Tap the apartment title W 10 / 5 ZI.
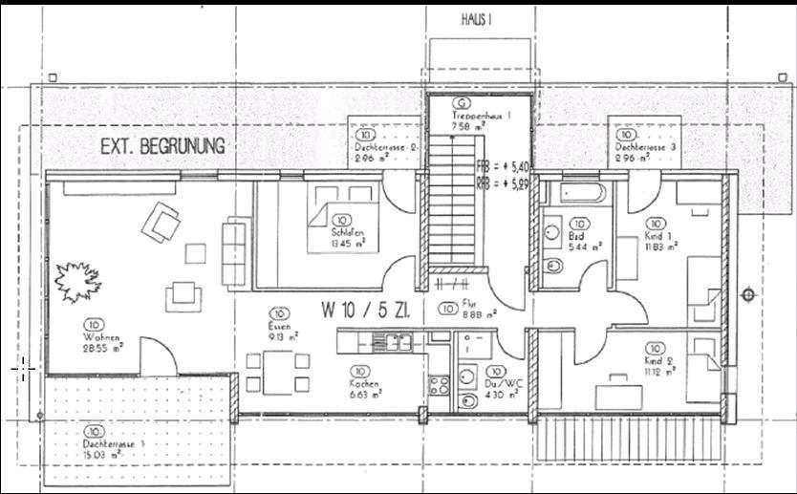click(365, 310)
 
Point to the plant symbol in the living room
click(75, 283)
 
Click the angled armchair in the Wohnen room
click(161, 226)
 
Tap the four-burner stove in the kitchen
click(440, 386)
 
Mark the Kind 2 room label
click(657, 361)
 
